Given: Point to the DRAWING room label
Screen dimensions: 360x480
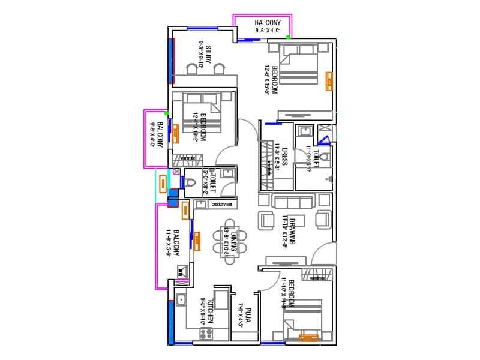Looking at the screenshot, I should [292, 232].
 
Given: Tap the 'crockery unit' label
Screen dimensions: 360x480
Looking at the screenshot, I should [221, 205].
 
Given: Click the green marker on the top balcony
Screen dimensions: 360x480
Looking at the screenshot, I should [288, 37].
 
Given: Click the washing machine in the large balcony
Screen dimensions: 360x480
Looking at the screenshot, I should [182, 272].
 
